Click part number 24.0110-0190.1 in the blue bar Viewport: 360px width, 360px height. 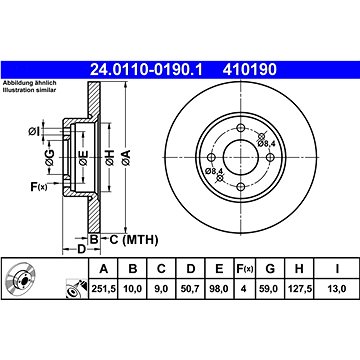[x=147, y=70]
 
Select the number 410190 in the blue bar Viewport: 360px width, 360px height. [x=250, y=70]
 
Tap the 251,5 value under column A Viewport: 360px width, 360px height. [x=104, y=289]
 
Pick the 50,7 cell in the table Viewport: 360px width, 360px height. [x=190, y=289]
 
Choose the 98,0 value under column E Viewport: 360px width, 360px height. [x=219, y=289]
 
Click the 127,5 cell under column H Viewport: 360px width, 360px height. [x=299, y=289]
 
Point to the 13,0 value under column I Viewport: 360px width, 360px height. [x=337, y=289]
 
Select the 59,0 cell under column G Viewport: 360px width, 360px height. [x=270, y=289]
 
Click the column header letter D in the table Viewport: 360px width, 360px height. [x=190, y=268]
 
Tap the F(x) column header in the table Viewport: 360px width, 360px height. [x=244, y=268]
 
